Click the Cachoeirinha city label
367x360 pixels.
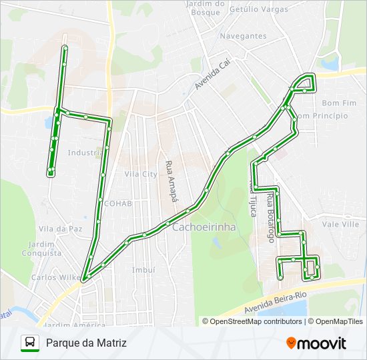click(204, 227)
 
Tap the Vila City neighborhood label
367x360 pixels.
click(140, 174)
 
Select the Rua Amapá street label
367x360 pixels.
click(169, 177)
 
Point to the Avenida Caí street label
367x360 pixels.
click(211, 77)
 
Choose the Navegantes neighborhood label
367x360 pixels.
click(243, 36)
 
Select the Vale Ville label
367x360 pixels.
click(340, 225)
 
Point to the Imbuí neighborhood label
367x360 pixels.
click(143, 270)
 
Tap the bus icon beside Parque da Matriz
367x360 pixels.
click(30, 343)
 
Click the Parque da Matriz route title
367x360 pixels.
click(86, 343)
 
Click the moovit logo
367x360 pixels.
click(316, 343)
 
